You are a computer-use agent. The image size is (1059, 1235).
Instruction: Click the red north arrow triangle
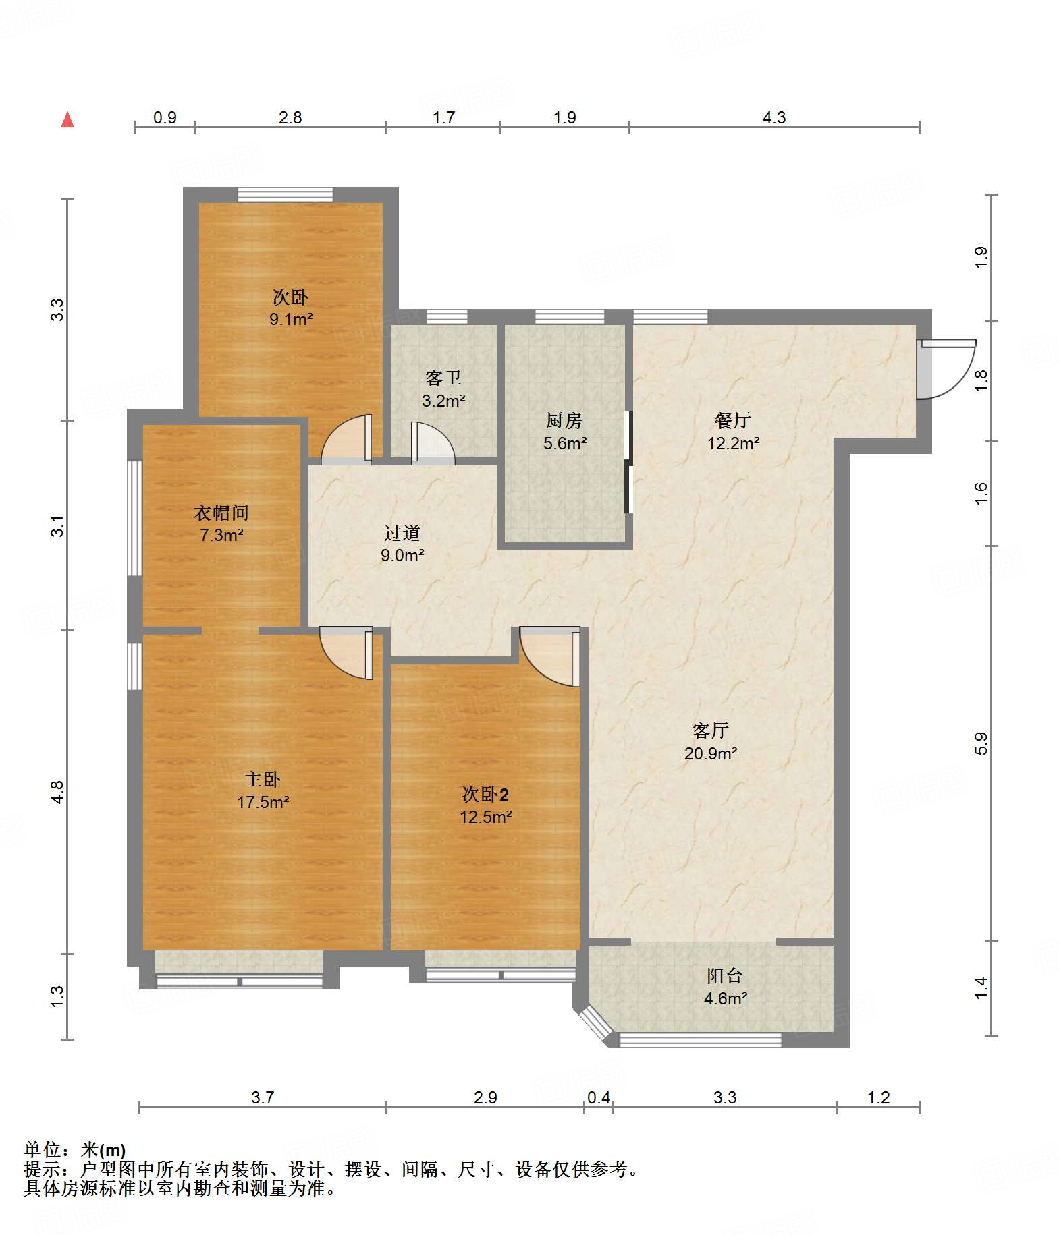click(67, 120)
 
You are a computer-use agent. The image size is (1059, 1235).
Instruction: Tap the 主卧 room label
click(263, 780)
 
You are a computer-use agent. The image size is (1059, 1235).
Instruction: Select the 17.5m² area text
click(263, 802)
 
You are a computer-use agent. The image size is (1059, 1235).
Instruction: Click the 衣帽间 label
click(221, 513)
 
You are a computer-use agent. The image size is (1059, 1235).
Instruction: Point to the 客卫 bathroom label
click(443, 378)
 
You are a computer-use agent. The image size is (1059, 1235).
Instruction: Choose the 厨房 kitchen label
click(564, 421)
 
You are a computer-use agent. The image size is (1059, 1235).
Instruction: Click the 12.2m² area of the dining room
click(733, 443)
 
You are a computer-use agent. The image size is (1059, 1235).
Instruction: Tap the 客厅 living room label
click(711, 731)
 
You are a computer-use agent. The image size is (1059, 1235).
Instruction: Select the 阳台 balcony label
click(725, 976)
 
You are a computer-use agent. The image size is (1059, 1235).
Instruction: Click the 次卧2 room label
click(485, 795)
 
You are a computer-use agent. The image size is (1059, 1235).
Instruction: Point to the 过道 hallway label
click(402, 534)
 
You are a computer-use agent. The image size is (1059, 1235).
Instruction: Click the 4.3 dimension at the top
click(774, 117)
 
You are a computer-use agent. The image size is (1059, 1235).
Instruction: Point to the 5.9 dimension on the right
click(981, 743)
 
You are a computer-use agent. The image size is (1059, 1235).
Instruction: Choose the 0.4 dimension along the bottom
click(599, 1097)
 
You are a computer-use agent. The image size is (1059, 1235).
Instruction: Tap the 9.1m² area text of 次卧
click(291, 319)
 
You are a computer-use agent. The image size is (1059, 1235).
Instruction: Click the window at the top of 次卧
click(285, 195)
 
